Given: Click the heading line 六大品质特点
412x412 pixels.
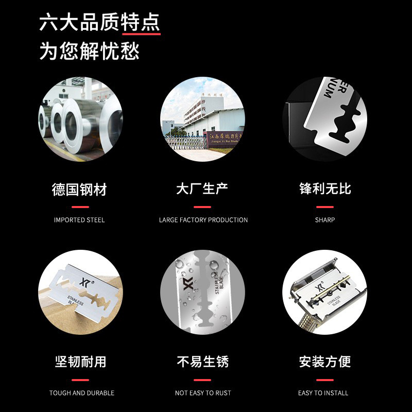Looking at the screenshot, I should click(100, 23).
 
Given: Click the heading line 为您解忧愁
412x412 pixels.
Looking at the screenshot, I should click(90, 51).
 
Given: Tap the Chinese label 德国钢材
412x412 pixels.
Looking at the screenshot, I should click(79, 189).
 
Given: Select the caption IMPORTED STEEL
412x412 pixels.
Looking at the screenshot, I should click(79, 220).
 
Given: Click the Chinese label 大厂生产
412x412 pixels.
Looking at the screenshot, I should click(202, 189).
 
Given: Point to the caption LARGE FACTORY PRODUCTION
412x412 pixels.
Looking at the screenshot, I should click(203, 220).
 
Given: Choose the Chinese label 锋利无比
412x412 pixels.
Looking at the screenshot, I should click(325, 189).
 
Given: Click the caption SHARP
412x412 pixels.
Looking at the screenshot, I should click(325, 220).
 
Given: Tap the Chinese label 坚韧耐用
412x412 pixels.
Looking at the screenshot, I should click(80, 362).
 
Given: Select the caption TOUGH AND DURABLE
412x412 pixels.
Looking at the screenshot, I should click(81, 393).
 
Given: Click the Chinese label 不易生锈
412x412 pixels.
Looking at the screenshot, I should click(202, 362).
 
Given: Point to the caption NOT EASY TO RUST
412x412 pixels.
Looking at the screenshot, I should click(203, 393).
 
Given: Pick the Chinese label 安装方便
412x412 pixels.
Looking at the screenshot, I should click(325, 362).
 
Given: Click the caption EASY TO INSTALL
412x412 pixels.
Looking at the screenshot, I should click(323, 393).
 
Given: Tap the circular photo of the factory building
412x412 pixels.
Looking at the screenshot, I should click(202, 119).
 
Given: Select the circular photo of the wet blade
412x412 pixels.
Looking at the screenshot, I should click(202, 292).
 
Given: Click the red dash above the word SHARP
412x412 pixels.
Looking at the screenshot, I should click(325, 207).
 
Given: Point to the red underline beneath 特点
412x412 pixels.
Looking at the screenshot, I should click(141, 35).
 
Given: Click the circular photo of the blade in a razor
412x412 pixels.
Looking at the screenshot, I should click(324, 292).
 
